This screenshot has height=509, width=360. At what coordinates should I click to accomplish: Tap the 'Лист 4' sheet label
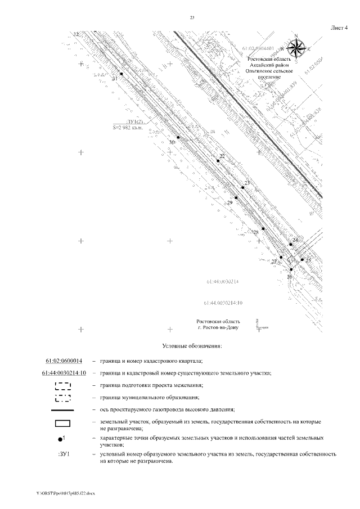pos(337,28)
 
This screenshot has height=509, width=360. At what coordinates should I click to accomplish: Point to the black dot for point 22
pos(218,161)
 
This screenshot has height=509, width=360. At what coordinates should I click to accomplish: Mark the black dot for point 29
pos(236,197)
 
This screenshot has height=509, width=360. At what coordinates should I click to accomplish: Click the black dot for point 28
pos(263,229)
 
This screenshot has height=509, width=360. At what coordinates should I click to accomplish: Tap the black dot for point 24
pos(290,245)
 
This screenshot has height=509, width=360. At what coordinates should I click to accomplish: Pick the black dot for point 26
pos(291,270)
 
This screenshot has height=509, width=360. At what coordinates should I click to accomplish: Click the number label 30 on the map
pos(173,143)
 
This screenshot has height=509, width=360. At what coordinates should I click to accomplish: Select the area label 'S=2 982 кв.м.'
pos(128,128)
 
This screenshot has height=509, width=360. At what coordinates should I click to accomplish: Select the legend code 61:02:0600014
pos(64,361)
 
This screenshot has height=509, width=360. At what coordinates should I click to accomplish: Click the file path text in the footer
pos(66,493)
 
